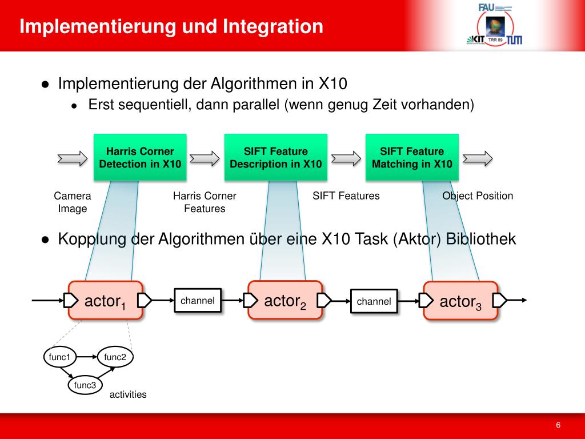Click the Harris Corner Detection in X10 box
tap(140, 157)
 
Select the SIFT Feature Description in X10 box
tap(275, 157)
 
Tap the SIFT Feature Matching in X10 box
tap(412, 157)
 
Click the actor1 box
tap(105, 301)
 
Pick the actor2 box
tap(285, 300)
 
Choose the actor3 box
tap(460, 301)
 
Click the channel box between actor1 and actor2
tap(198, 301)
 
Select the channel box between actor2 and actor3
tap(374, 301)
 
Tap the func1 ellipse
tap(59, 357)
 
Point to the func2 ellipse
tap(115, 357)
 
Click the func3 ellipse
tap(85, 385)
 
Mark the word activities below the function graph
tap(128, 394)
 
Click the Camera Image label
tap(73, 202)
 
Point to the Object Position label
tap(478, 195)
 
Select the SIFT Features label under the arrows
tap(346, 195)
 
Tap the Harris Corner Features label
tap(205, 202)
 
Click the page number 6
tap(558, 425)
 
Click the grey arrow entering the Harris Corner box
tap(73, 158)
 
